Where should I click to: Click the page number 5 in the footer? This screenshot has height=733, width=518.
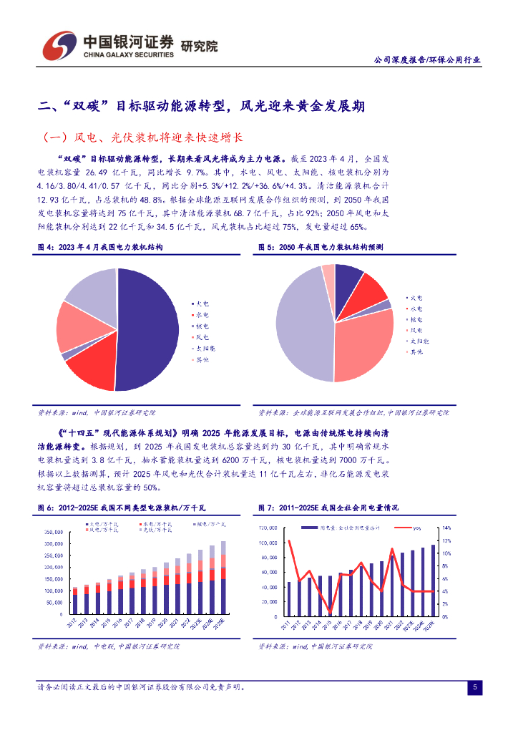[475, 688]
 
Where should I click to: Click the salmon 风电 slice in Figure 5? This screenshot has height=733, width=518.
[361, 344]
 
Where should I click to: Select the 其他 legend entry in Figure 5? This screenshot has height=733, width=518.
[417, 352]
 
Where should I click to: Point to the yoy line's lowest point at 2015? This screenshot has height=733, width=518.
[330, 611]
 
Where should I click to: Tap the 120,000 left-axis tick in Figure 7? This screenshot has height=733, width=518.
[268, 528]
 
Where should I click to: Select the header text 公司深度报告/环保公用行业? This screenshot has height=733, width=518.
[428, 60]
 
